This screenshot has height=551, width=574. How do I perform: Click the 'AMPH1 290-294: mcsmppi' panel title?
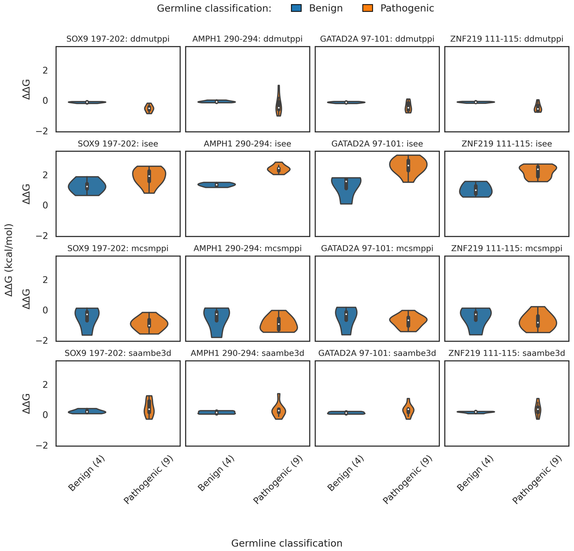tap(247, 248)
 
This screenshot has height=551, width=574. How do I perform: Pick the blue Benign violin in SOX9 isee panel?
tap(87, 186)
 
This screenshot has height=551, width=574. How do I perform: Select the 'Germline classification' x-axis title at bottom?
tap(287, 543)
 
